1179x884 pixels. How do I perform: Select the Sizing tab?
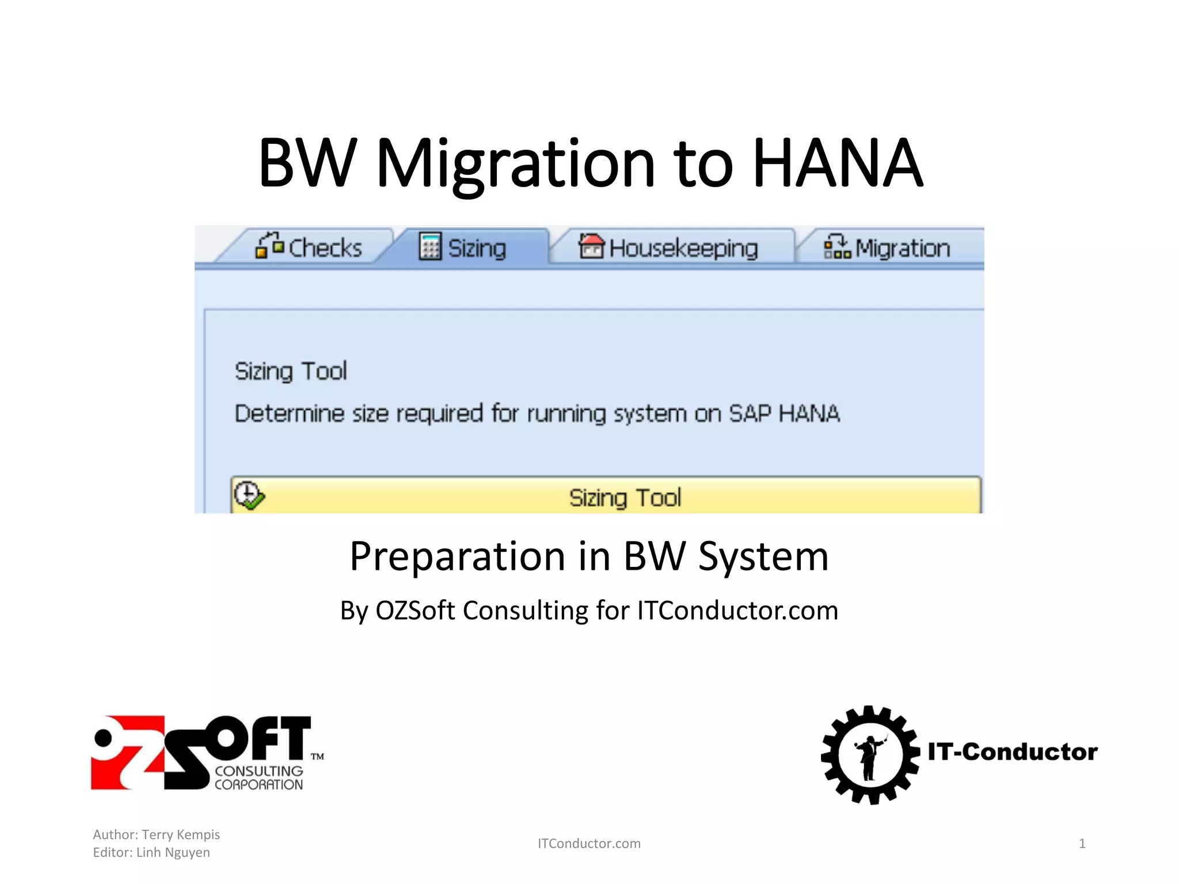(463, 247)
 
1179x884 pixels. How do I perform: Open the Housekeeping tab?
(669, 247)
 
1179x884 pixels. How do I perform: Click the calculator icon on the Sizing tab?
(430, 246)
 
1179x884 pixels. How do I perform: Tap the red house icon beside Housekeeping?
(591, 246)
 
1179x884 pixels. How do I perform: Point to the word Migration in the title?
(515, 164)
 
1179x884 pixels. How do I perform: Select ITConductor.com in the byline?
(737, 611)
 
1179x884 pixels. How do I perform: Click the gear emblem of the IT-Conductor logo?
(870, 755)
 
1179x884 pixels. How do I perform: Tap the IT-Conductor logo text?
(1013, 752)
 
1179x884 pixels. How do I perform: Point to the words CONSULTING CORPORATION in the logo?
(258, 778)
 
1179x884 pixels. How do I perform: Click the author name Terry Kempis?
(181, 835)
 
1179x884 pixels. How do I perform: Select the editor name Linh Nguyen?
(173, 852)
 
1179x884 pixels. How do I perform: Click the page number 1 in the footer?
(1082, 844)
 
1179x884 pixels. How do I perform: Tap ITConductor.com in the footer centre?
(589, 844)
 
